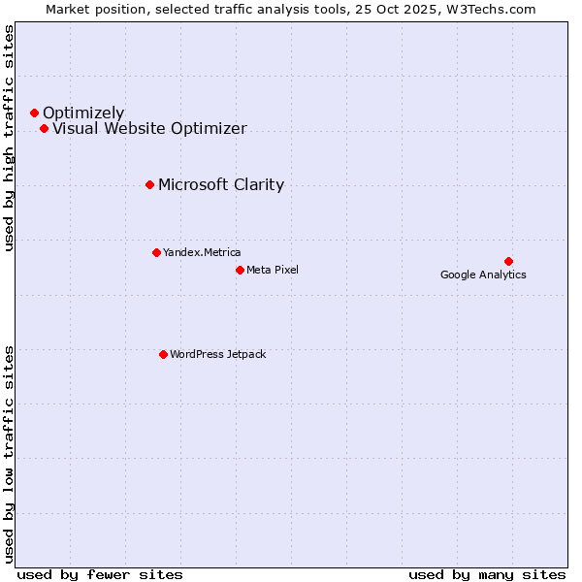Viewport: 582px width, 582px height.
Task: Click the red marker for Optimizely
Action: coord(34,113)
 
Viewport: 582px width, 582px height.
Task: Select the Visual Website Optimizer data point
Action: coord(44,129)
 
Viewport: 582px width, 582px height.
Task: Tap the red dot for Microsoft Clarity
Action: coord(149,184)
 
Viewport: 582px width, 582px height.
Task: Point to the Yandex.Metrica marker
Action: coord(156,252)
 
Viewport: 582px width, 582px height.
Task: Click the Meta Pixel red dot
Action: coord(240,270)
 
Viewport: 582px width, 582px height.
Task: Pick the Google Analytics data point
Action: coord(508,261)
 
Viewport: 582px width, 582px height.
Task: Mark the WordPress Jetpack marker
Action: coord(163,354)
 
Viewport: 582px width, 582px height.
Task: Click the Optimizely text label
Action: coord(83,113)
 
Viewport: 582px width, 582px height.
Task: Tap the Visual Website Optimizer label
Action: coord(149,129)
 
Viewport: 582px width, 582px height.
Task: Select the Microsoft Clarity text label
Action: coord(221,185)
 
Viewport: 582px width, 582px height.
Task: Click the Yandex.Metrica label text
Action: coord(202,252)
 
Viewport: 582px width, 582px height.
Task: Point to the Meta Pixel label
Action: coord(273,270)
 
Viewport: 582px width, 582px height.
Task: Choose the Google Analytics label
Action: coord(483,275)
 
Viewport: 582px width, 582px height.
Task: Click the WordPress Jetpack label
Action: coord(217,354)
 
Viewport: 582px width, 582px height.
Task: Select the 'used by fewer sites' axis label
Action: coord(100,574)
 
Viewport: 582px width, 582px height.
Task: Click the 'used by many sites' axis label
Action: coord(487,574)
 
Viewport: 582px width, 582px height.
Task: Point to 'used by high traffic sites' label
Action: coord(9,139)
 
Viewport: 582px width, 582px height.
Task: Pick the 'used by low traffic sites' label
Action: coord(9,453)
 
